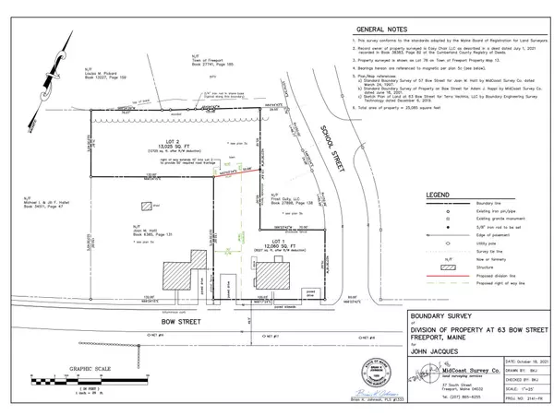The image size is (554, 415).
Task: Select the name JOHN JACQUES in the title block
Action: (x=405, y=351)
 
